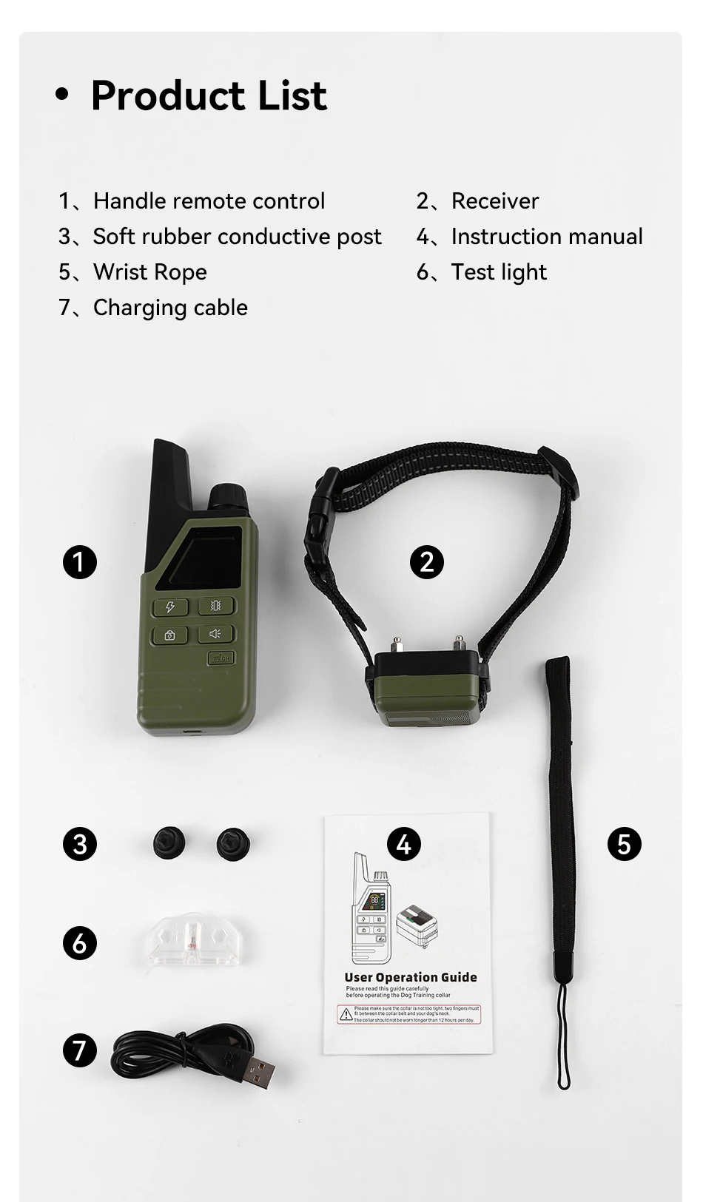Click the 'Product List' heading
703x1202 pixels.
coord(208,95)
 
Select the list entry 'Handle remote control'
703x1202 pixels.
coord(209,201)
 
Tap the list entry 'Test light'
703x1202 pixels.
coord(498,272)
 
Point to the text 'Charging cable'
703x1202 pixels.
coord(170,308)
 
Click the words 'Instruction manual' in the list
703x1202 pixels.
coord(546,237)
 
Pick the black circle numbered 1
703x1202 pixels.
coord(80,562)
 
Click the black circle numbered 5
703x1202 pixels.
coord(624,844)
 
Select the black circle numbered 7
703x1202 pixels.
coord(80,1050)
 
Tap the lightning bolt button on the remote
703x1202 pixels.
coord(170,607)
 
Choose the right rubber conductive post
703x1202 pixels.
coord(232,843)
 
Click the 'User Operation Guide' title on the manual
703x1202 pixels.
coord(411,977)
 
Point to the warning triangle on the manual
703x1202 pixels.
coord(346,1014)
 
